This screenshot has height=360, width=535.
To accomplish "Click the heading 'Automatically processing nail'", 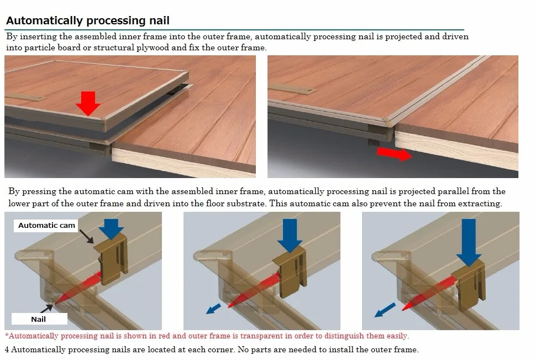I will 87,21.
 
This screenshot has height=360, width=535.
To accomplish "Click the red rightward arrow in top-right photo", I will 395,153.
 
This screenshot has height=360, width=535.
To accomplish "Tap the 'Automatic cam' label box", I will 47,226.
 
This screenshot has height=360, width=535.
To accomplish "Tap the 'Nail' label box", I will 39,319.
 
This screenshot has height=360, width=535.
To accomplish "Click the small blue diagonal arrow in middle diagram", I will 214,307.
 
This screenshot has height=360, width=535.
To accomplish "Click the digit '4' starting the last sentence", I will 7,349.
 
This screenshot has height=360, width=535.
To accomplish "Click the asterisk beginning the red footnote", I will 7,336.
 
